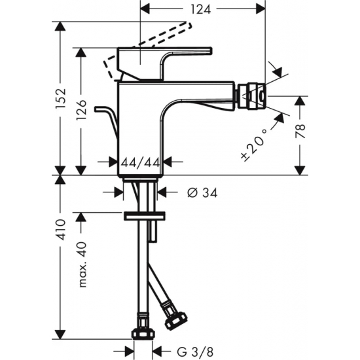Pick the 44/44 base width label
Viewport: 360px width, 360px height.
point(139,161)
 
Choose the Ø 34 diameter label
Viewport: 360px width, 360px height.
point(202,192)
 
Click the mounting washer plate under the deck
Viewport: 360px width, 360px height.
point(143,215)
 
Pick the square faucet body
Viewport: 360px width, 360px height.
point(141,128)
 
